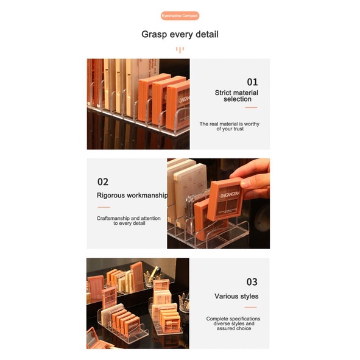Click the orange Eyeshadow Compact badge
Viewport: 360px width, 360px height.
click(180, 15)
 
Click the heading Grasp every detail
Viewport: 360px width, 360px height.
click(180, 34)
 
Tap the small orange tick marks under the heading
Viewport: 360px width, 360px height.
click(180, 50)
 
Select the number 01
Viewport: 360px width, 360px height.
click(252, 82)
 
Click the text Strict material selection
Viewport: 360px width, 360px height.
click(236, 96)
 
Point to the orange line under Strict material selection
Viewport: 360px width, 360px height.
click(251, 108)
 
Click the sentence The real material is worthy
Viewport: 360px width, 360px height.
click(230, 126)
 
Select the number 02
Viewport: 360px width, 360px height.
click(103, 182)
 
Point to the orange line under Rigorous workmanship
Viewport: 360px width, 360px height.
click(104, 207)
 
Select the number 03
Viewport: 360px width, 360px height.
click(252, 282)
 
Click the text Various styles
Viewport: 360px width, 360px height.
click(236, 297)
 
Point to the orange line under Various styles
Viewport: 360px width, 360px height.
click(251, 308)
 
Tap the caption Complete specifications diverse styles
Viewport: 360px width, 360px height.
click(233, 322)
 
